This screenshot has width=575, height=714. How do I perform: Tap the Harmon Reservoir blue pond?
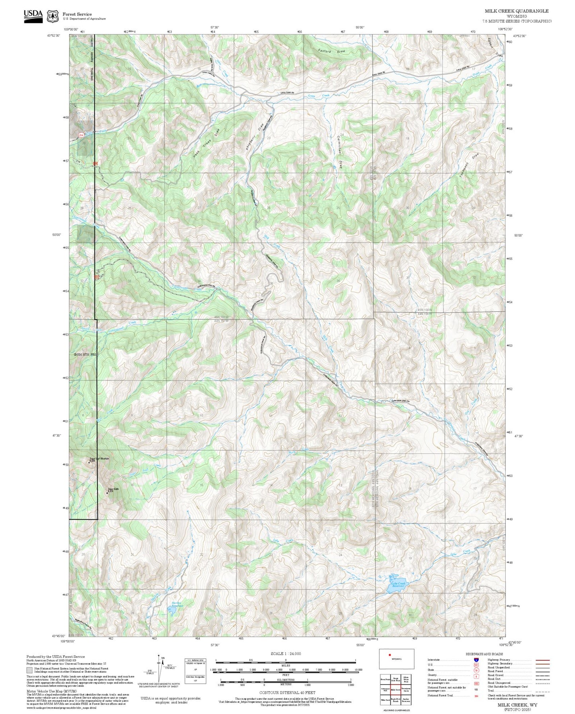click(x=173, y=610)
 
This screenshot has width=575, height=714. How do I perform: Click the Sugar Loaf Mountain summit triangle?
click(x=89, y=462)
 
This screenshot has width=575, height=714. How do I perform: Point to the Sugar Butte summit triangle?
click(x=107, y=492)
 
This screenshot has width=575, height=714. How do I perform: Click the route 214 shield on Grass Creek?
click(x=81, y=135)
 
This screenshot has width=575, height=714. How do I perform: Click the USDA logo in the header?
click(x=33, y=16)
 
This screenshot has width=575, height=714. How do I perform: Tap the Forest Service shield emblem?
click(x=52, y=16)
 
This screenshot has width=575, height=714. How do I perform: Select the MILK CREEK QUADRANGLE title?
click(x=516, y=11)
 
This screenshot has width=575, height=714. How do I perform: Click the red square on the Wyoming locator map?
click(x=390, y=655)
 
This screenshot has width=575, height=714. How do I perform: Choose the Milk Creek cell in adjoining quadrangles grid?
click(x=396, y=690)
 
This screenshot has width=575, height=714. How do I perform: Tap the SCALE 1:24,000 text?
click(x=285, y=654)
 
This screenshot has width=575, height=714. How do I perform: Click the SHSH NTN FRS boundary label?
click(x=85, y=354)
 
